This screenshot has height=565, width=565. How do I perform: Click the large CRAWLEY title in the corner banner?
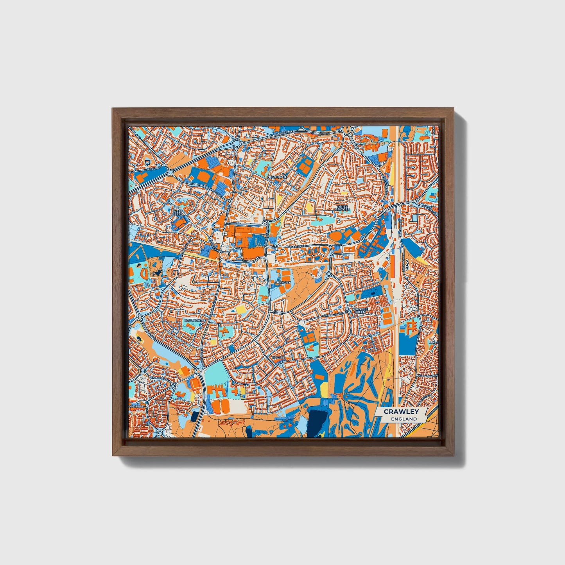(x=401, y=411)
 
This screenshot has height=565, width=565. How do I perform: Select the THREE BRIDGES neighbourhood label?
(x=342, y=208)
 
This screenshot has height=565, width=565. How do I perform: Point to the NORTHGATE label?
(x=277, y=177)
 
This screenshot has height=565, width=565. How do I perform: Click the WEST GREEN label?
(x=178, y=212)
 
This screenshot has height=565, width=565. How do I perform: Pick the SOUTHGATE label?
(x=194, y=320)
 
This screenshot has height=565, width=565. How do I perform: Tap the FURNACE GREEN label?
(x=359, y=310)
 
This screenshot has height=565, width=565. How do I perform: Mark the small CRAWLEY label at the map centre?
(x=283, y=282)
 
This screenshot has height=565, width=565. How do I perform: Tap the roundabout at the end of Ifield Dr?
(x=170, y=172)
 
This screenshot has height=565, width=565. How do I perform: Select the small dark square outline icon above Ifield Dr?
(x=147, y=161)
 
